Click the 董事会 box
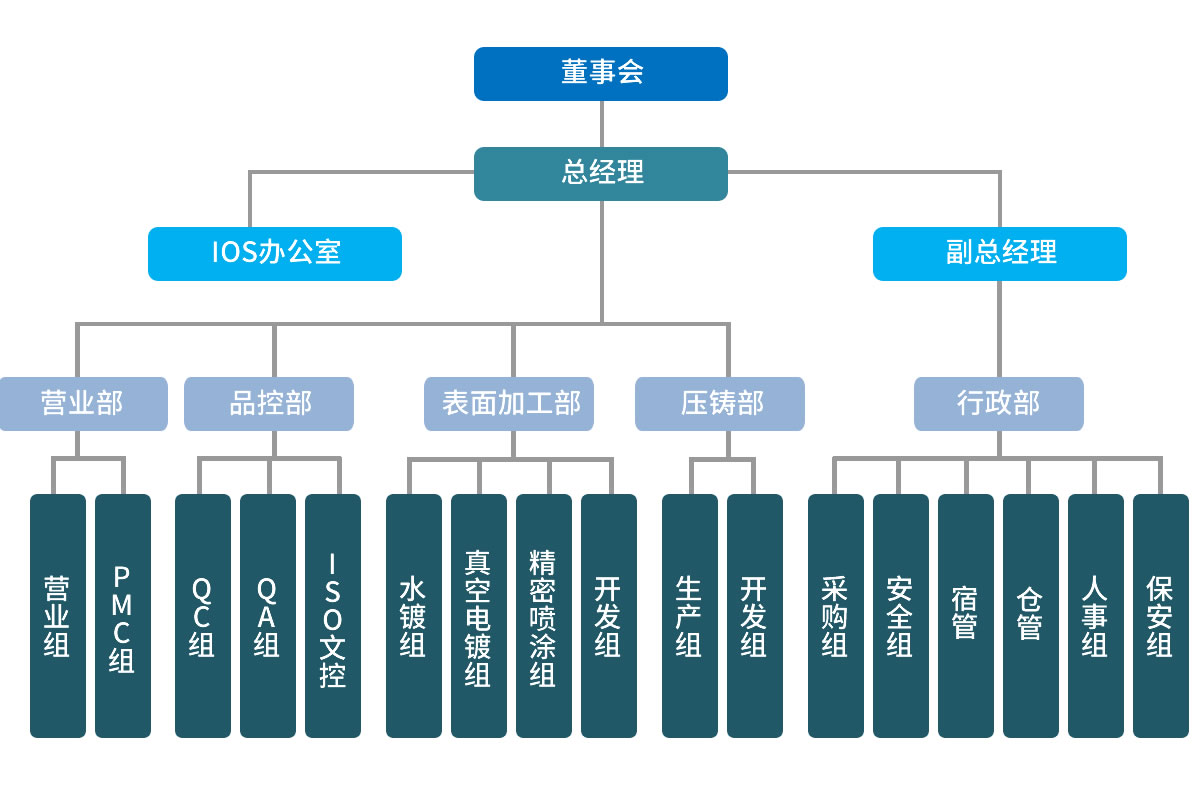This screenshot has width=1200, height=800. [x=601, y=73]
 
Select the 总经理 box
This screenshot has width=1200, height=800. [x=601, y=174]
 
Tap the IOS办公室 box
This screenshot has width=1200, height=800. [x=275, y=253]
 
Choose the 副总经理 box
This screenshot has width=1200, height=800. [x=1000, y=253]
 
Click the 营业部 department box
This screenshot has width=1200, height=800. [x=83, y=403]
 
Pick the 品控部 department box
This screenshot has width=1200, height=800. [x=269, y=403]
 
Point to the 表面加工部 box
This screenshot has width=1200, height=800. [x=509, y=403]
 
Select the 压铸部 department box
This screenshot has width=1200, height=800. [x=720, y=403]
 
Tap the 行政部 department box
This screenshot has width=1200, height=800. [x=999, y=403]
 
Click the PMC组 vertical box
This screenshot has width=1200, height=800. [x=123, y=616]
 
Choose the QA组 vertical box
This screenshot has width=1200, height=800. [x=268, y=616]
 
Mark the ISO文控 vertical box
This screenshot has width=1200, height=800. [x=333, y=616]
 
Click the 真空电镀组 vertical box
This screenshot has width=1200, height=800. [x=479, y=616]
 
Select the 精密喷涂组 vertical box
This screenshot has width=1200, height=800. [x=544, y=616]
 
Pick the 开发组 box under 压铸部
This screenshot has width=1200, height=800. [x=755, y=616]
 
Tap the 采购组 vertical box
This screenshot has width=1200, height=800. [x=836, y=616]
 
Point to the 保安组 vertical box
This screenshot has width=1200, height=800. [x=1161, y=616]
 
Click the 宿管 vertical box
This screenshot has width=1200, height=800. [x=966, y=616]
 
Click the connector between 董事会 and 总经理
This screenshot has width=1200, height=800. [x=602, y=124]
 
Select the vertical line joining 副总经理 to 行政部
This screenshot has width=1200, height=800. [x=1000, y=328]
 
